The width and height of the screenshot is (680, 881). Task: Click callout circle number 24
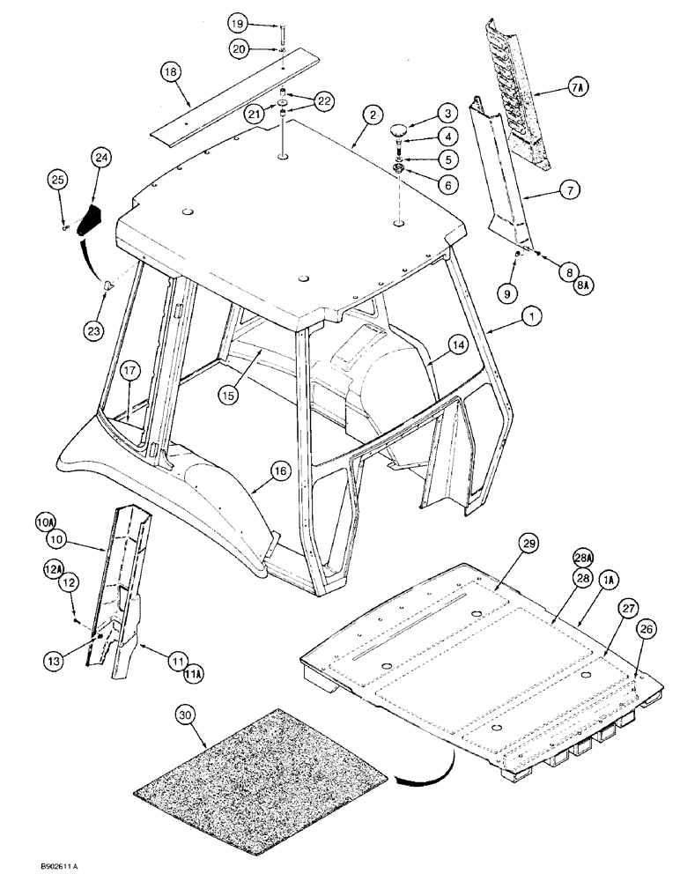[x=102, y=157]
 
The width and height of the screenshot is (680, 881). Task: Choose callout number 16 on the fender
[x=279, y=472]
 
